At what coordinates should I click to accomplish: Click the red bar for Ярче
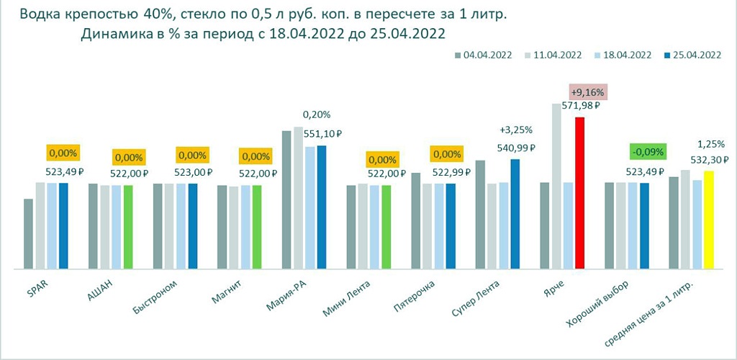pyautogui.click(x=579, y=193)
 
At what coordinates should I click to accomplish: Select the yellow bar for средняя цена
pyautogui.click(x=708, y=220)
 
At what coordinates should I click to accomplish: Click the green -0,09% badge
pyautogui.click(x=648, y=152)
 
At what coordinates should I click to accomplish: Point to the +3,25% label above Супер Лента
pyautogui.click(x=515, y=130)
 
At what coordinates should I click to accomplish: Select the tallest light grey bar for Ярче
pyautogui.click(x=556, y=186)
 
